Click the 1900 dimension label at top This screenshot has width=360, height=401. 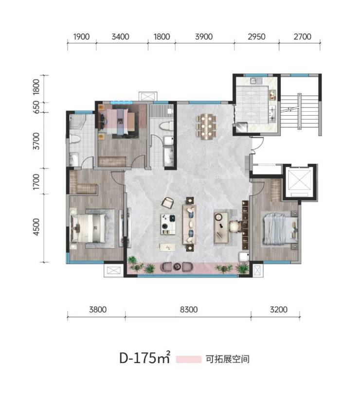click(81, 37)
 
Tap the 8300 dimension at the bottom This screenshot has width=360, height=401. click(189, 310)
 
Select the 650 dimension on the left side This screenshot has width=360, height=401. click(36, 107)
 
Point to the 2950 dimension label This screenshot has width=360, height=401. click(256, 37)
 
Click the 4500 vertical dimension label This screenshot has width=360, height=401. click(36, 227)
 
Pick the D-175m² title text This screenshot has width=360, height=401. click(144, 358)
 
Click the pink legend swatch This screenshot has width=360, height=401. click(189, 359)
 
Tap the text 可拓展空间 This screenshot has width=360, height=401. click(228, 359)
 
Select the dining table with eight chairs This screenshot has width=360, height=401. click(206, 126)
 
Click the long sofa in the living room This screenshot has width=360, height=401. click(189, 224)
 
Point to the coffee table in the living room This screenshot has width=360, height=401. click(168, 224)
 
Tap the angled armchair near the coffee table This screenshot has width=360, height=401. click(168, 203)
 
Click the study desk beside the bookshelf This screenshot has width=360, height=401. click(221, 227)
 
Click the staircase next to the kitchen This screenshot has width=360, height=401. click(300, 111)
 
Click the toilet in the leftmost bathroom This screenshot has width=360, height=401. click(75, 139)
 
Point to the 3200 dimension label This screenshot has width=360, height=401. click(279, 310)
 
